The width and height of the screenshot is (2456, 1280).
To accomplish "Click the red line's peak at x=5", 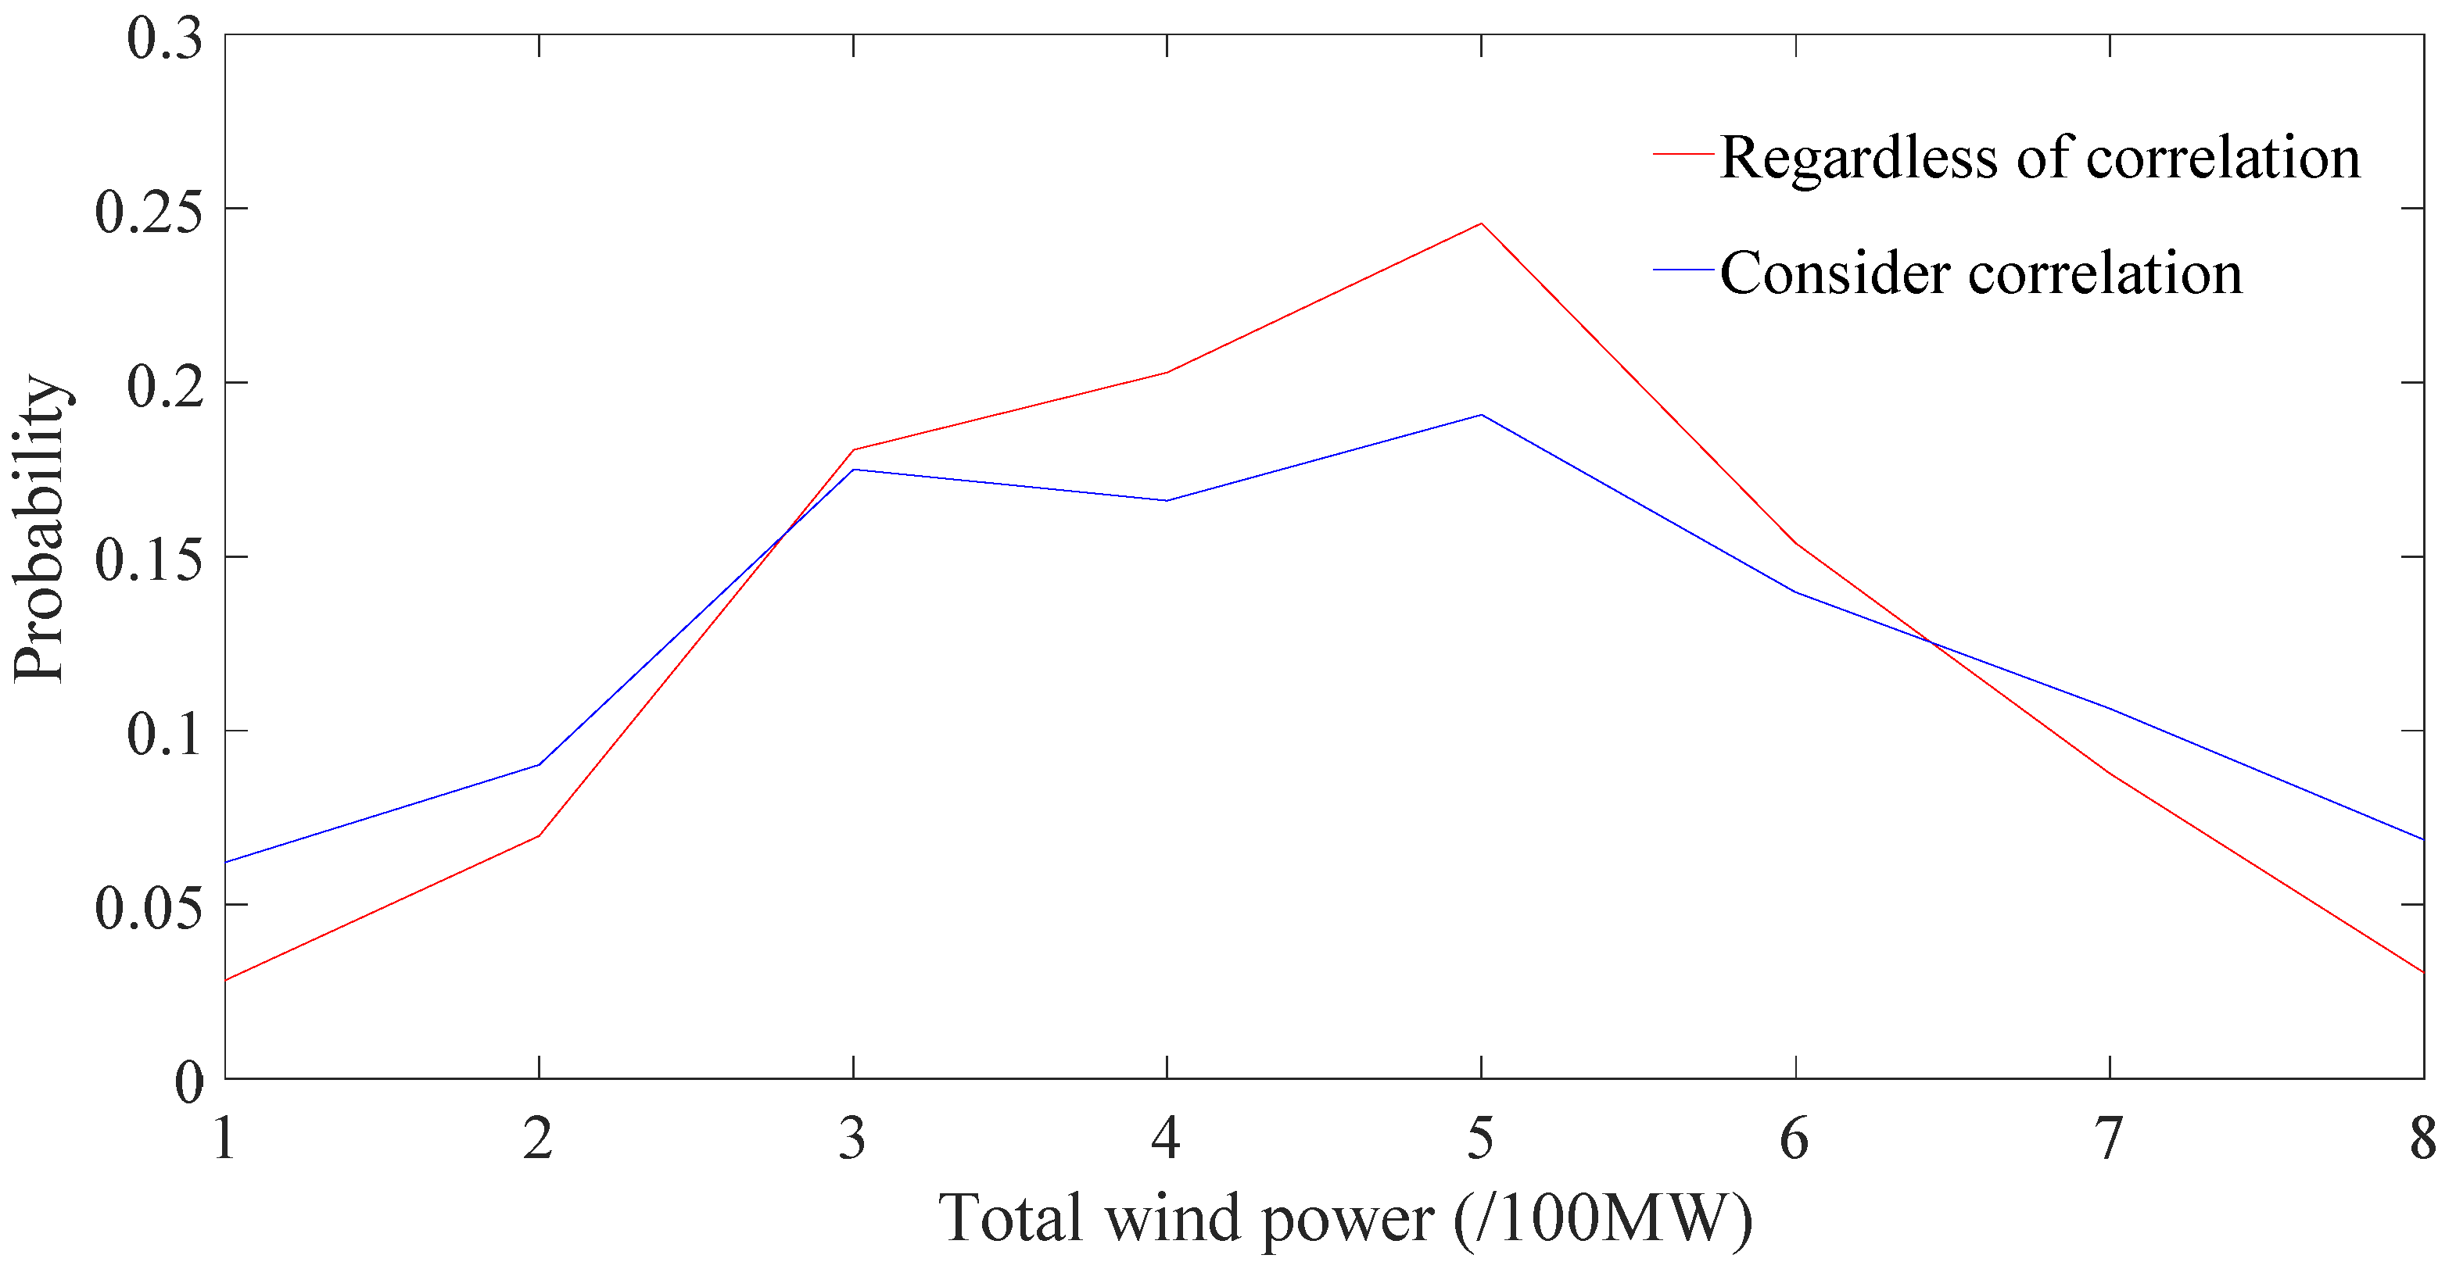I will [x=1481, y=224].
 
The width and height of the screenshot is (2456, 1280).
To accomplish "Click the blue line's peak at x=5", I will [x=1481, y=415].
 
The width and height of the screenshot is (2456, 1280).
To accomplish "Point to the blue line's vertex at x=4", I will [x=1166, y=500].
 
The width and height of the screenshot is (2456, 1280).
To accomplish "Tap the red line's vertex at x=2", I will [x=539, y=836].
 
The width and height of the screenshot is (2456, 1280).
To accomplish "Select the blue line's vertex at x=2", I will [x=539, y=764].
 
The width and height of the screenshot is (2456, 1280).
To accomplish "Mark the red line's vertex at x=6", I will [x=1795, y=543].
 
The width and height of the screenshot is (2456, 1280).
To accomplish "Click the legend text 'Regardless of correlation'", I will [x=2040, y=157].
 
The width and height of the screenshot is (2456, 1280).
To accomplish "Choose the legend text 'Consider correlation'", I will [x=1981, y=274].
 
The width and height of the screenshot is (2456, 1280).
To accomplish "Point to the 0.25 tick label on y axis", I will [x=149, y=209].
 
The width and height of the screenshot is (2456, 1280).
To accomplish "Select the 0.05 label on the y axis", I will [x=149, y=906].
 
